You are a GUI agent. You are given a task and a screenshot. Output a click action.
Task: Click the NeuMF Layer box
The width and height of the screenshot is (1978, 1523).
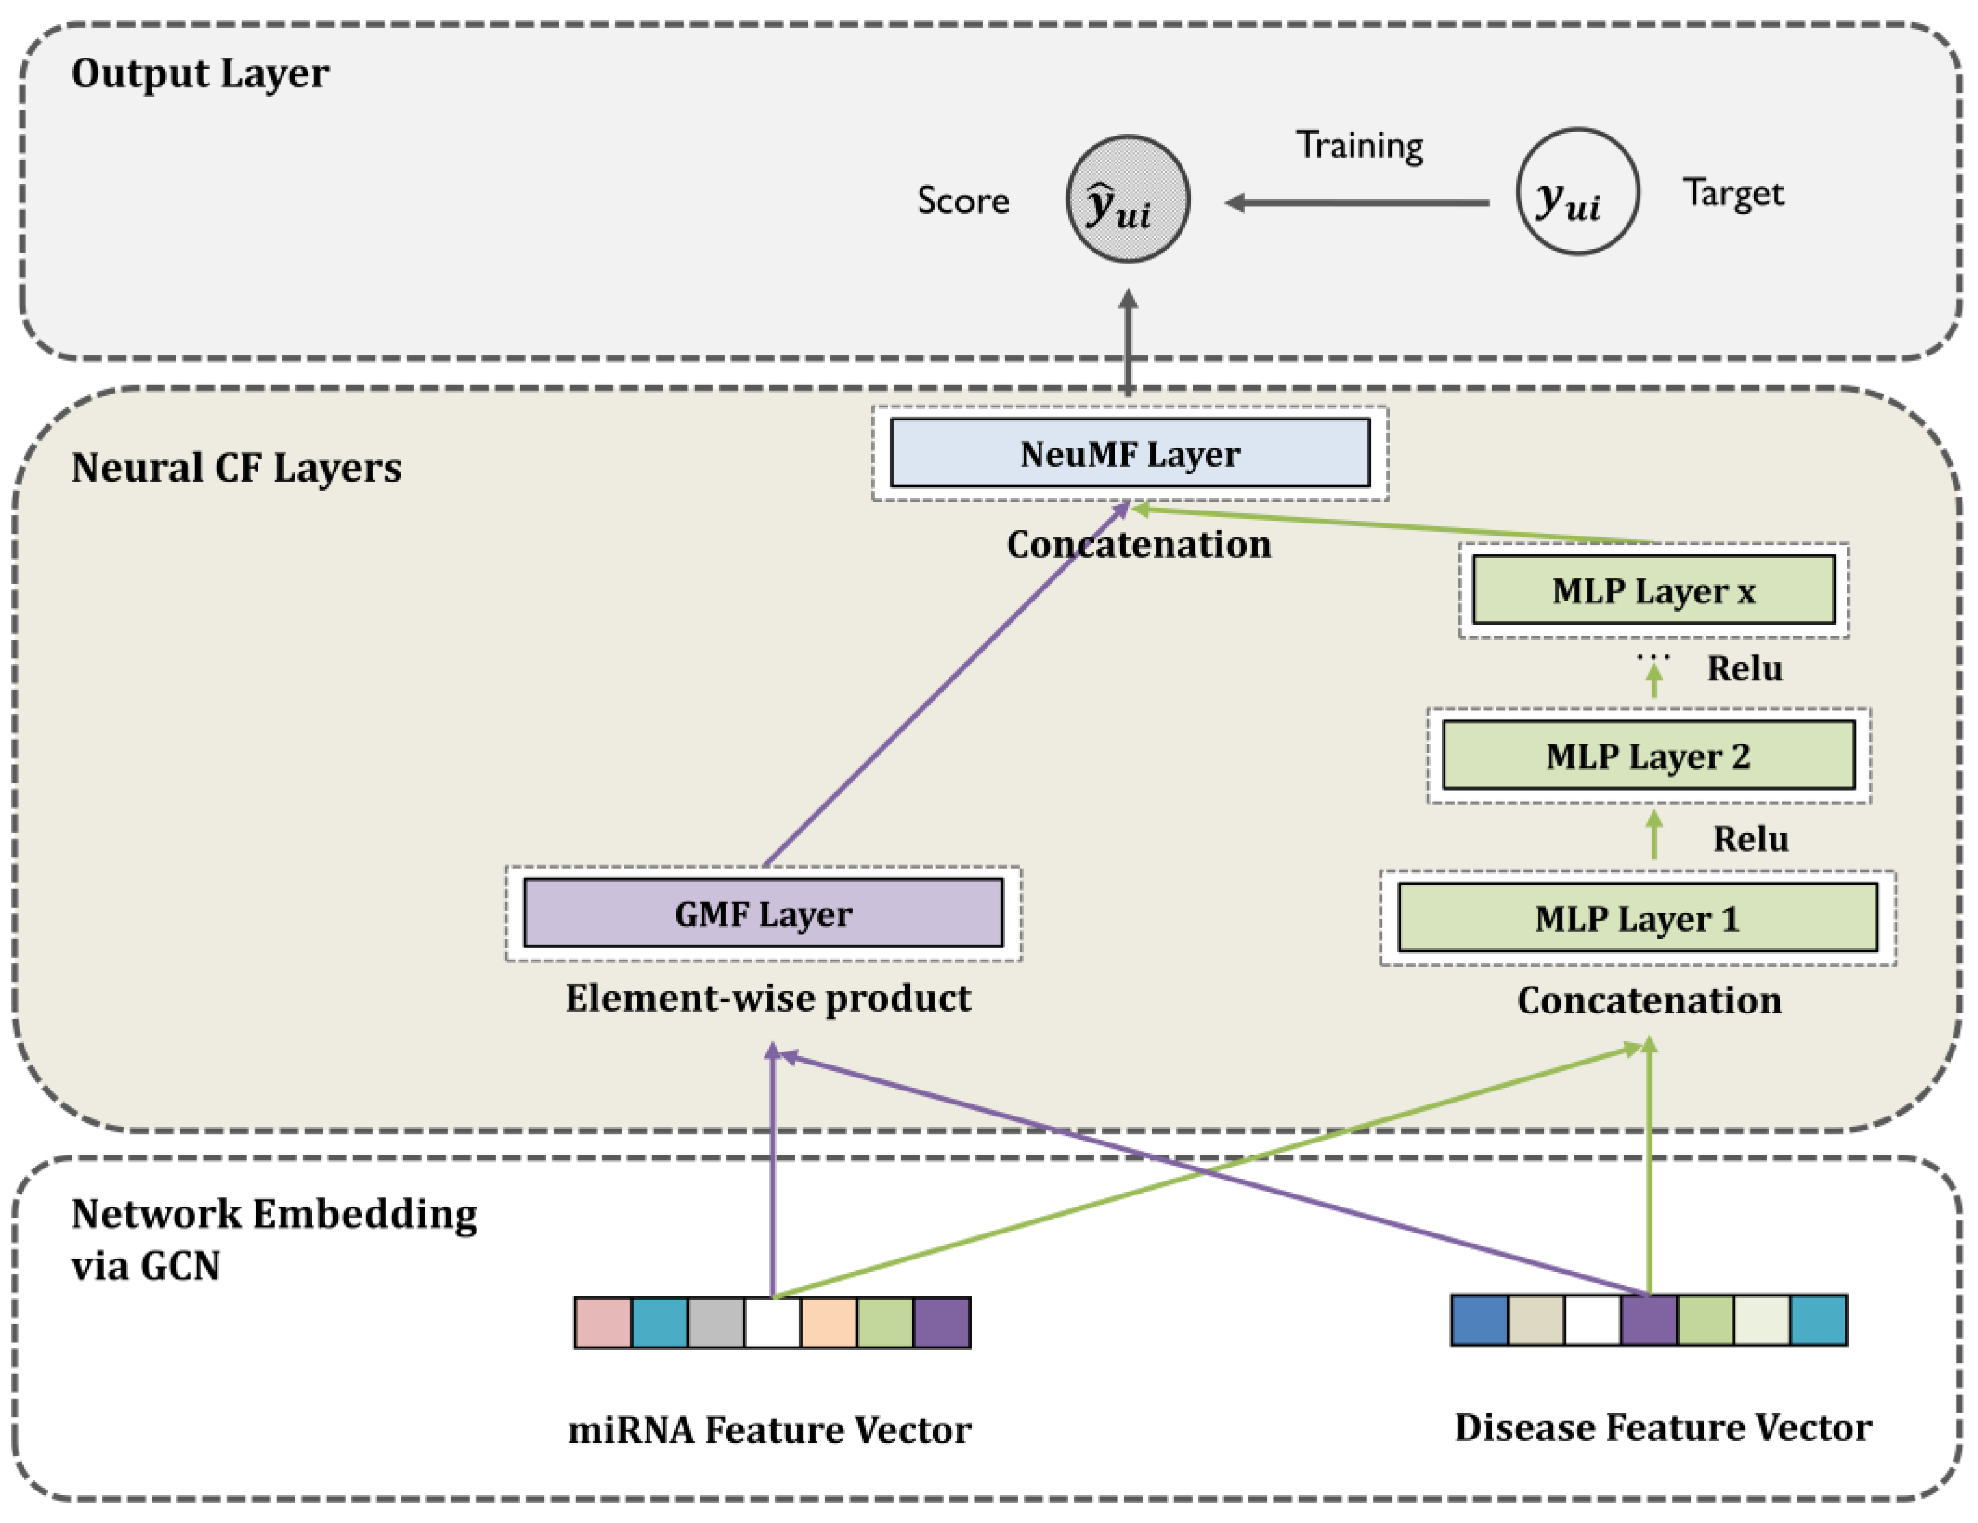1130,453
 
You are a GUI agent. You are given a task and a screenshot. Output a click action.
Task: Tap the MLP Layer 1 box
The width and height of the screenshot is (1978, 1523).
1637,918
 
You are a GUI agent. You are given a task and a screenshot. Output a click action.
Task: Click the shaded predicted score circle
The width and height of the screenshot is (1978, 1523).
1128,199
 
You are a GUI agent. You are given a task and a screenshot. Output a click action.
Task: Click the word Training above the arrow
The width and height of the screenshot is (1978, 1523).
1359,145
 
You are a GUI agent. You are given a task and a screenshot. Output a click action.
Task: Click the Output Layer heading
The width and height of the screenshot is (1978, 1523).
199,72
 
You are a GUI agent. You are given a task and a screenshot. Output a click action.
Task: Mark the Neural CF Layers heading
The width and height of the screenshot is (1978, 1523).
237,467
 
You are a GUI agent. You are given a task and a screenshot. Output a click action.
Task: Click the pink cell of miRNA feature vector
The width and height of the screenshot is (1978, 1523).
603,1322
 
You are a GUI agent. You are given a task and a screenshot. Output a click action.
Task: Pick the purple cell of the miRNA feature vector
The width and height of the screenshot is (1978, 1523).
942,1322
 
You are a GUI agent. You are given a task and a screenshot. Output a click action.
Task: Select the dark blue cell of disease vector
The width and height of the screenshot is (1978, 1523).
1478,1319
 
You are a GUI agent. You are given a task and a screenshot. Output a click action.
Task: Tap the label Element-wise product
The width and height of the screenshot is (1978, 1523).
767,998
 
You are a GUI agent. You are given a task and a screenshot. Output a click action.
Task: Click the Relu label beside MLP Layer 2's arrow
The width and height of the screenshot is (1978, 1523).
1749,838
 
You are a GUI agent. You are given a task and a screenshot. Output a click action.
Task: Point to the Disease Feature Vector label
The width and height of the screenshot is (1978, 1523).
1663,1427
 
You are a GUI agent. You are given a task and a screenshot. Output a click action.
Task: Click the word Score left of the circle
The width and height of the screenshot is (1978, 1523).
963,200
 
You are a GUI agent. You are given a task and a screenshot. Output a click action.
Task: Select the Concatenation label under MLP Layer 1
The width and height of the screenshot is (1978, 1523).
1649,1000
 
